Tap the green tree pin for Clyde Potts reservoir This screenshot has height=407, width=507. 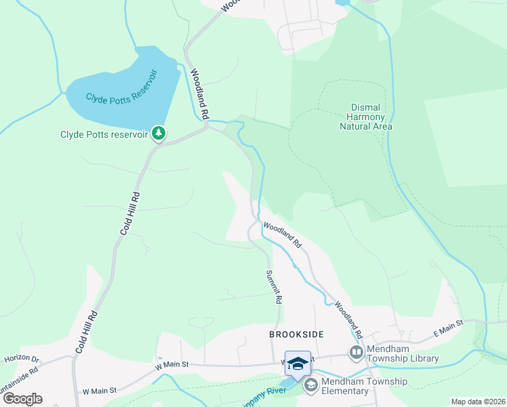coord(159,133)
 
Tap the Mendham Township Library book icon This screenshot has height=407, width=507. coord(356,352)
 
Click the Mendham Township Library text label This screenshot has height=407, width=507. coord(403,353)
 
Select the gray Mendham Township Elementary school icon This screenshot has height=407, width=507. coord(311,386)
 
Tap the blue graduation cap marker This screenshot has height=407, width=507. coord(298,364)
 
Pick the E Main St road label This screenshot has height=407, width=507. coord(447,328)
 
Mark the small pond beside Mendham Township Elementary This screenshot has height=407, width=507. coord(288,384)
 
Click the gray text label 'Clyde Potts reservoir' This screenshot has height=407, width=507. coord(104,134)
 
